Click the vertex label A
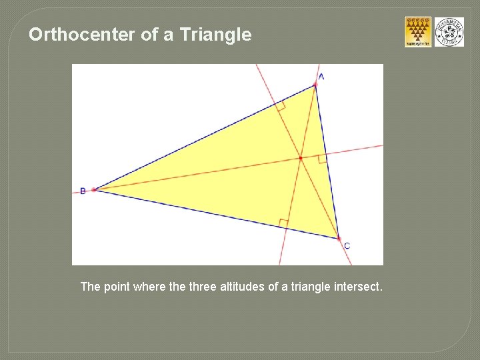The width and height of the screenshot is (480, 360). point(321,77)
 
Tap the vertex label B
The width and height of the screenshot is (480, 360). point(83,191)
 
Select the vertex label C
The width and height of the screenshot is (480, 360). point(347,246)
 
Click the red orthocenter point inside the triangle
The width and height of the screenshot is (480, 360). point(301,158)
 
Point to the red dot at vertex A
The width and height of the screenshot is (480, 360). point(315,85)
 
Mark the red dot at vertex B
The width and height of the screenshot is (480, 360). point(94,189)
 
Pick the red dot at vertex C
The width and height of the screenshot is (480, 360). point(339,238)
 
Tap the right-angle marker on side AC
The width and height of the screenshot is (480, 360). point(322,159)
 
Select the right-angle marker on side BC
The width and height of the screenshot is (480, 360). point(284,223)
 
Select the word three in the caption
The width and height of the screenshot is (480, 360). point(203,287)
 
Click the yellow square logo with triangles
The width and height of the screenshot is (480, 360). point(418,32)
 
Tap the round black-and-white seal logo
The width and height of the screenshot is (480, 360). point(449,32)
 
